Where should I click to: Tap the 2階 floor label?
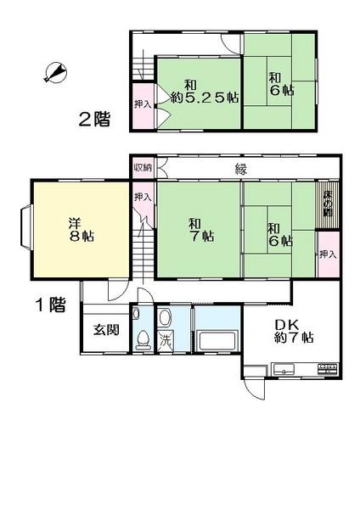95,119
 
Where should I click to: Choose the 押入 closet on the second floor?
143,104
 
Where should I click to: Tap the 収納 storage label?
143,168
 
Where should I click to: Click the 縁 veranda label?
241,168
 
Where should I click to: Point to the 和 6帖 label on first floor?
279,234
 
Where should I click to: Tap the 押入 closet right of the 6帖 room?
327,255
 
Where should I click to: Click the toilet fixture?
143,339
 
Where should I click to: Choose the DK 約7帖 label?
293,329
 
